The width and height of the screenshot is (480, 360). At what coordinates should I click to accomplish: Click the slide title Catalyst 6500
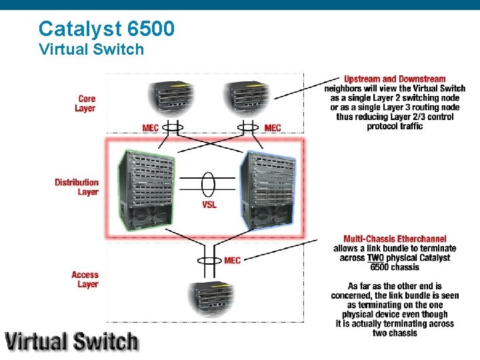(x=107, y=28)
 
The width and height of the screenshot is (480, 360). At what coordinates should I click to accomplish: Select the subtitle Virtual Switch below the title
(x=91, y=49)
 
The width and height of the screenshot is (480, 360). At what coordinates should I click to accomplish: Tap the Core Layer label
(x=85, y=104)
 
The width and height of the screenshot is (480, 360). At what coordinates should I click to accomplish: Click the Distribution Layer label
(x=77, y=187)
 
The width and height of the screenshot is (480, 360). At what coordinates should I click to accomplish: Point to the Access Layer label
(x=85, y=279)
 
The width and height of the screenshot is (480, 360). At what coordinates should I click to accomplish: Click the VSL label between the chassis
(x=209, y=205)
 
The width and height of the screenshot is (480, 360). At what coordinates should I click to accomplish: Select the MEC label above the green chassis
(x=151, y=128)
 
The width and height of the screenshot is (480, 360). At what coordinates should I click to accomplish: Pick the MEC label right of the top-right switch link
(x=273, y=128)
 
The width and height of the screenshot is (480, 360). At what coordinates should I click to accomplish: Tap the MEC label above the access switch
(x=233, y=261)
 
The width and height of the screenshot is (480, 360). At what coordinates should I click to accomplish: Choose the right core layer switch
(x=247, y=99)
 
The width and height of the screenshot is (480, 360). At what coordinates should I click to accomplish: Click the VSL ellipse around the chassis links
(x=209, y=183)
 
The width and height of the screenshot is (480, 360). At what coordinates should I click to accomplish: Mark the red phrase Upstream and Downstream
(x=395, y=79)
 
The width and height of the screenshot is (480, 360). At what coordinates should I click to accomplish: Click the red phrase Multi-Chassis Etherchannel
(x=395, y=239)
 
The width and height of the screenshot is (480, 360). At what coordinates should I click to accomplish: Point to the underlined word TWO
(x=375, y=258)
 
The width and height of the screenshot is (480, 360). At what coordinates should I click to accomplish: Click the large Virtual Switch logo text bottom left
(x=72, y=341)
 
